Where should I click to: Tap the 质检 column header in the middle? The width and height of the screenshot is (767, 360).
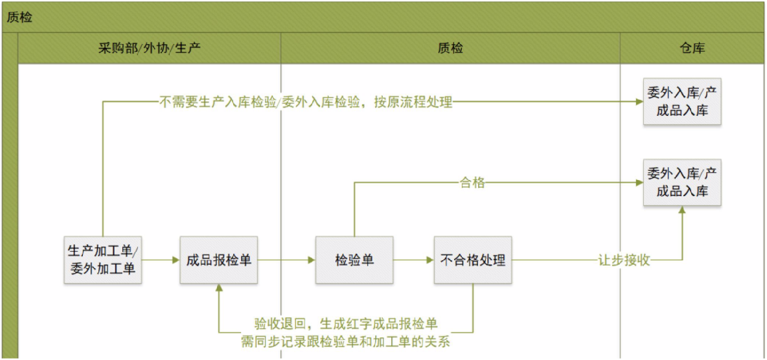[x=450, y=49]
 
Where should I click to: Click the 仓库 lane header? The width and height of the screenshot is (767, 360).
[x=692, y=49]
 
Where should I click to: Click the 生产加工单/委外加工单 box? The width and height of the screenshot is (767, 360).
[x=104, y=260]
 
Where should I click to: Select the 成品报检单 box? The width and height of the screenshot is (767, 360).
[x=218, y=260]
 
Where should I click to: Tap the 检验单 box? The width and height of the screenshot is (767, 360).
[x=354, y=260]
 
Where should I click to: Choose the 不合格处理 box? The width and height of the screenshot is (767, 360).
[x=473, y=260]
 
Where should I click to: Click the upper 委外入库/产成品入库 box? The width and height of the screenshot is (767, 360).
[x=682, y=102]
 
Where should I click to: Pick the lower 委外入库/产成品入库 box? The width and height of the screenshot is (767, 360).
[x=682, y=183]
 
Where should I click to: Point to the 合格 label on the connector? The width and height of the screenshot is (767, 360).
[x=472, y=183]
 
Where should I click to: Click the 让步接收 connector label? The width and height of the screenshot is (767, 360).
[x=624, y=261]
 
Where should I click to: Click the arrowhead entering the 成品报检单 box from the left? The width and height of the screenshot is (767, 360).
[x=175, y=260]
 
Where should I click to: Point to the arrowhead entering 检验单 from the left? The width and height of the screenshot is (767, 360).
[x=311, y=260]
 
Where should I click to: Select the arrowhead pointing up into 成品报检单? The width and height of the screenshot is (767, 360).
[x=218, y=289]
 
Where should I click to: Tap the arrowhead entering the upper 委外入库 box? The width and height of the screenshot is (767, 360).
[x=638, y=102]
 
